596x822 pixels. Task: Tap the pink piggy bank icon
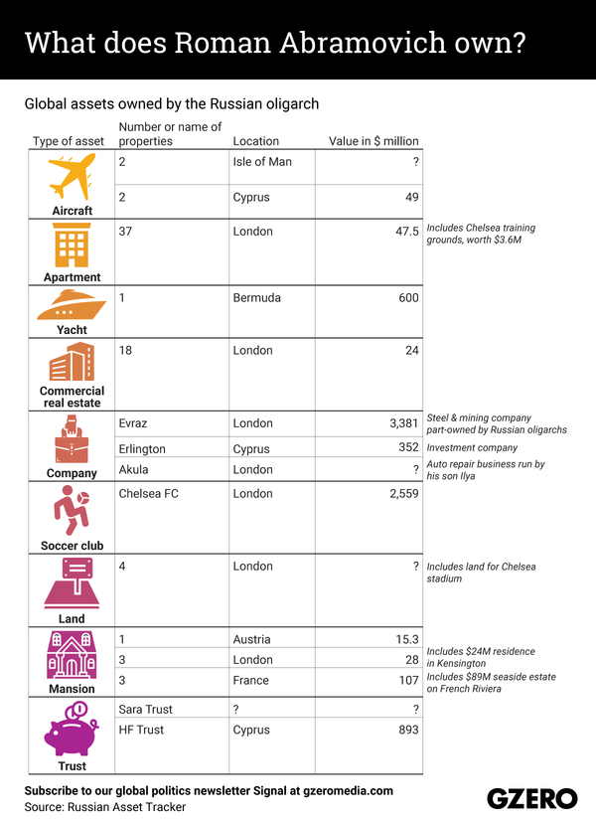point(71,730)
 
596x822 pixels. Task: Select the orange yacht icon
point(72,304)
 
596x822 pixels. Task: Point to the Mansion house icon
point(72,655)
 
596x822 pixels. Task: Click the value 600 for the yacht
point(408,297)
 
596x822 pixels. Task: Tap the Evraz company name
point(133,422)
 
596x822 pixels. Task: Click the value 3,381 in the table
point(400,422)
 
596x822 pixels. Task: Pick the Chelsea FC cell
point(149,493)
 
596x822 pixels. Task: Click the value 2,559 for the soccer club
point(400,493)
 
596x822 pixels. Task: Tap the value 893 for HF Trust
point(407,730)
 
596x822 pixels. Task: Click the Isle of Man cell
point(262,161)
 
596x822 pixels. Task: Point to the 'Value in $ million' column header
point(373,141)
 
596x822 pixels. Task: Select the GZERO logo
point(531,798)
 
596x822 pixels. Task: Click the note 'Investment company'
point(473,447)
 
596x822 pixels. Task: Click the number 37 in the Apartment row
point(125,231)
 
